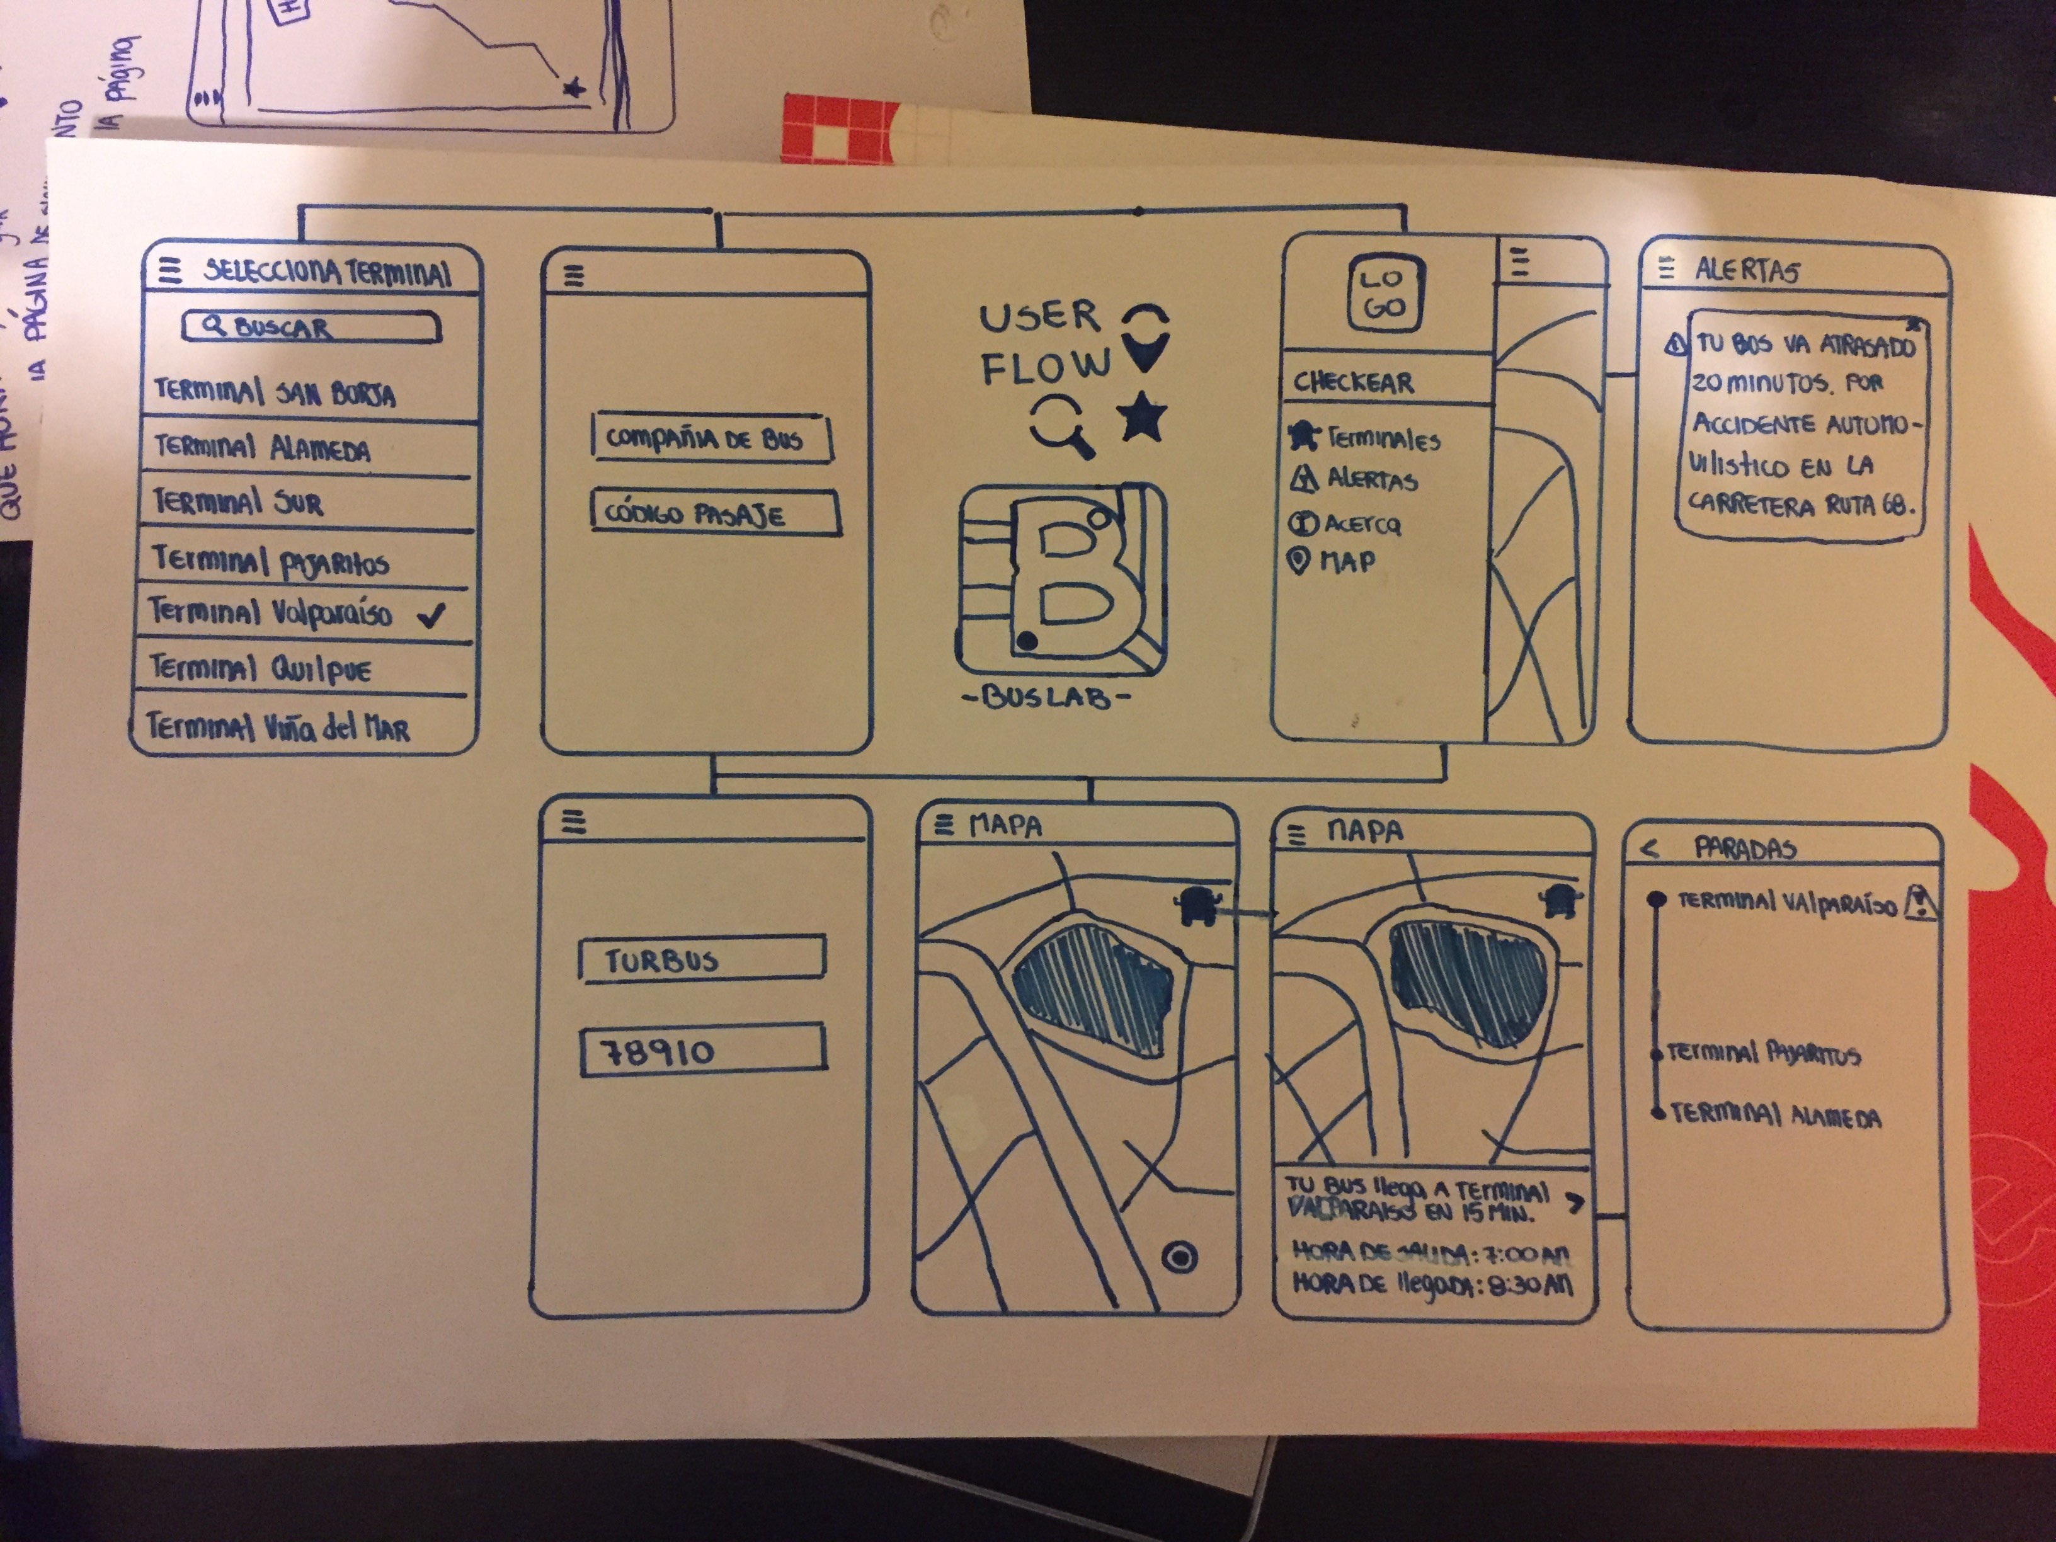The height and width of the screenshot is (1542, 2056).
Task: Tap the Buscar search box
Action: pyautogui.click(x=311, y=327)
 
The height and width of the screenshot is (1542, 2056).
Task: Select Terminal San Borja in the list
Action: pyautogui.click(x=275, y=392)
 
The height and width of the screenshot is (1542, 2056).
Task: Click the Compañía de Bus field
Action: pyautogui.click(x=711, y=438)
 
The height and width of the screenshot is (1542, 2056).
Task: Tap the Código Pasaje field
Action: pyautogui.click(x=716, y=514)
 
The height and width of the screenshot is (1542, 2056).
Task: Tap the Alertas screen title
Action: pyautogui.click(x=1747, y=270)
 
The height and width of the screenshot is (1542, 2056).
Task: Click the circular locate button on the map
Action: pyautogui.click(x=1180, y=1259)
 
